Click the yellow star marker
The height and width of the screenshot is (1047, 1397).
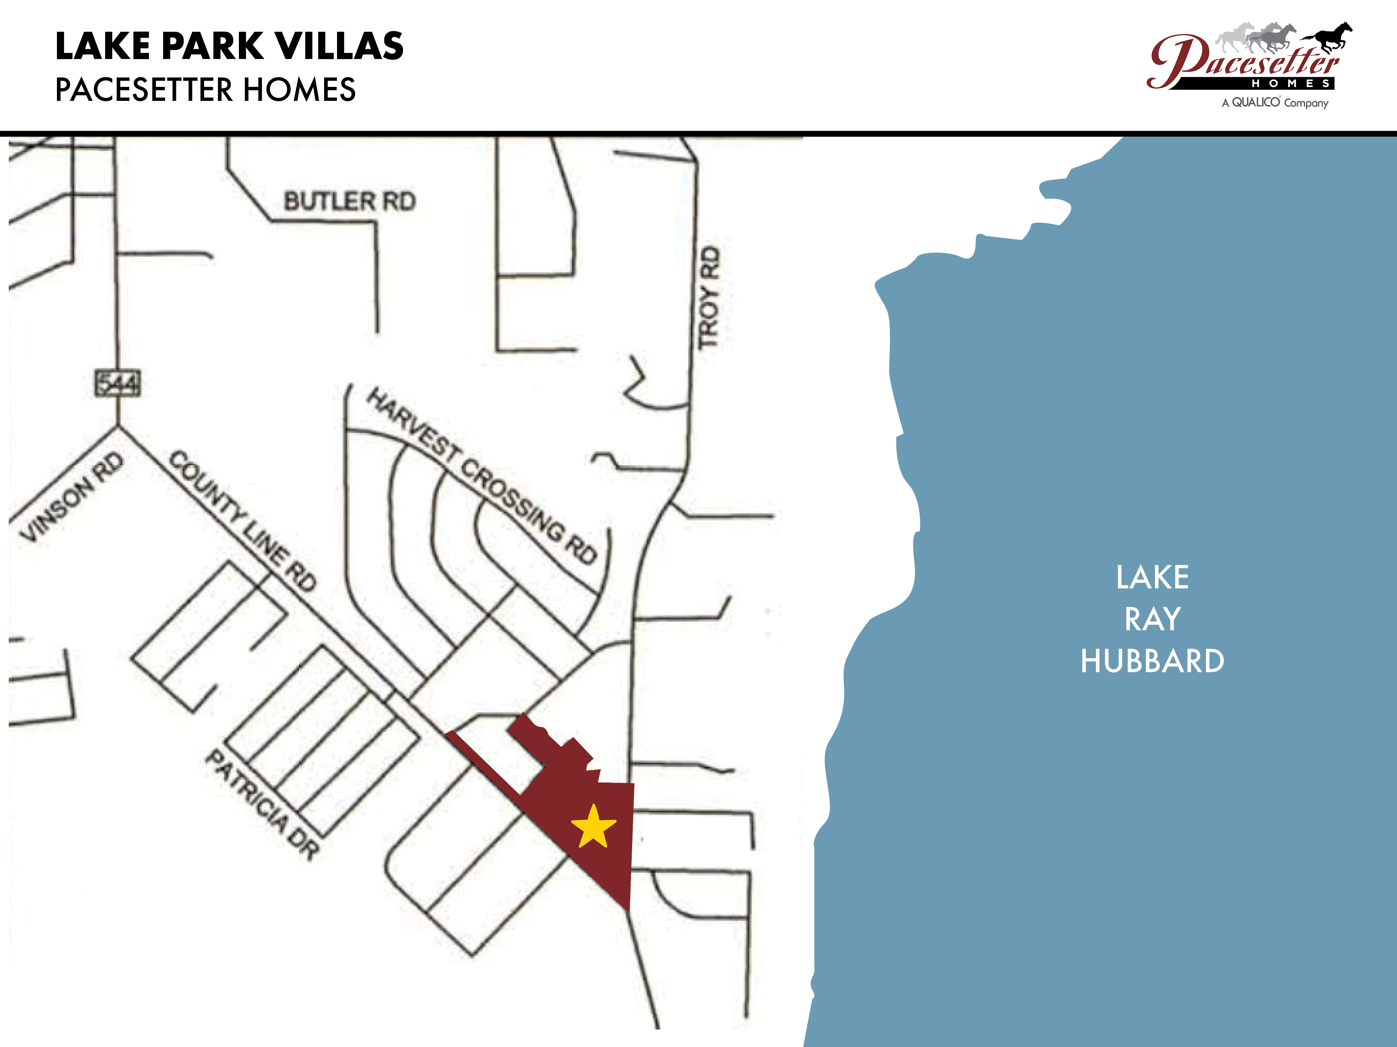(x=593, y=827)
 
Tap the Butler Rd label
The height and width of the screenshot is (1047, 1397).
(x=349, y=201)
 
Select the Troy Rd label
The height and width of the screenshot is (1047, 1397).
(x=709, y=297)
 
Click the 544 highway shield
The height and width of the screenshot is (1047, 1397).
(x=117, y=383)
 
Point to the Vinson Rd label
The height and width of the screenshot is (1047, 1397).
(x=71, y=497)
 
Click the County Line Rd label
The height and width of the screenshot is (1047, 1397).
(x=243, y=521)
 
